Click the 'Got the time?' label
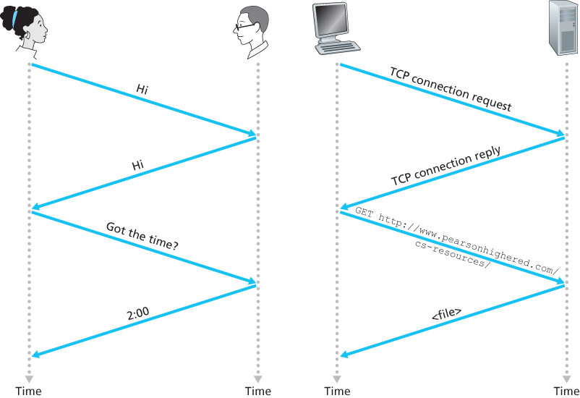pos(142,237)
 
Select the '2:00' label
pos(137,316)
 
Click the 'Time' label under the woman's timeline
pos(28,391)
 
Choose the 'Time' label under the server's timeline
pos(566,391)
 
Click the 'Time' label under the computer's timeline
pos(337,391)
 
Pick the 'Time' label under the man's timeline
pos(257,391)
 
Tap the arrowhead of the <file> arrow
pos(344,355)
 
